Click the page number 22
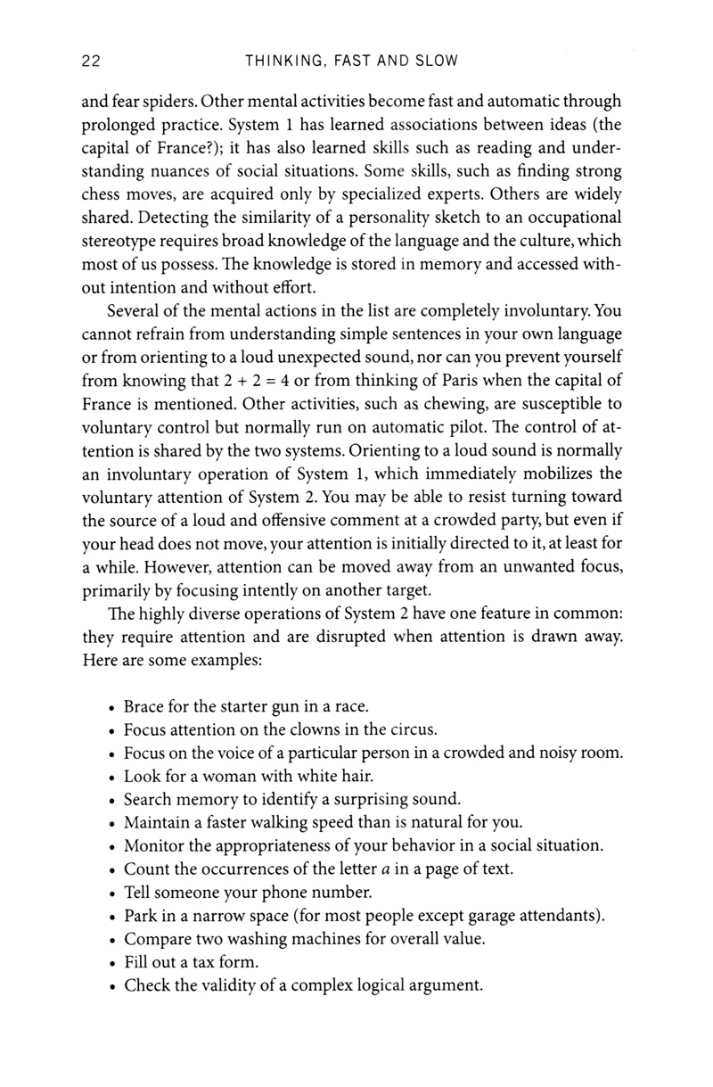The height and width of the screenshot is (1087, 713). [89, 62]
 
